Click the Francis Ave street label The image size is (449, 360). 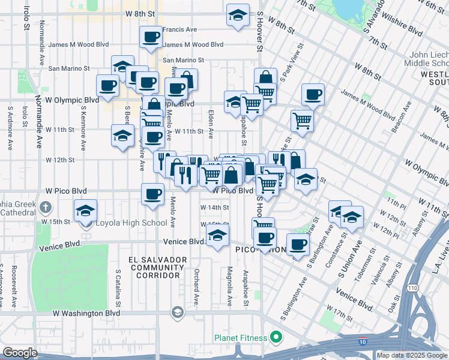pos(179,29)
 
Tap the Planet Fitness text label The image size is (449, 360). pos(241,338)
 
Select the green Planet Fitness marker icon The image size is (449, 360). pos(276,338)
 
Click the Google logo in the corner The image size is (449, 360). pos(20,353)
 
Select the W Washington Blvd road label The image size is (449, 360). pos(86,313)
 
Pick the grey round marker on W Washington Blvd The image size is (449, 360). pos(177,312)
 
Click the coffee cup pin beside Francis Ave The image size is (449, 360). pos(150,37)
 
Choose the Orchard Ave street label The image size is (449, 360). pos(196,287)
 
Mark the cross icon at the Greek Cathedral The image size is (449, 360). pos(45,208)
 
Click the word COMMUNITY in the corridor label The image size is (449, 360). pos(154,267)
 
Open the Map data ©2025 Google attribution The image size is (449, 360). pos(411,355)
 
